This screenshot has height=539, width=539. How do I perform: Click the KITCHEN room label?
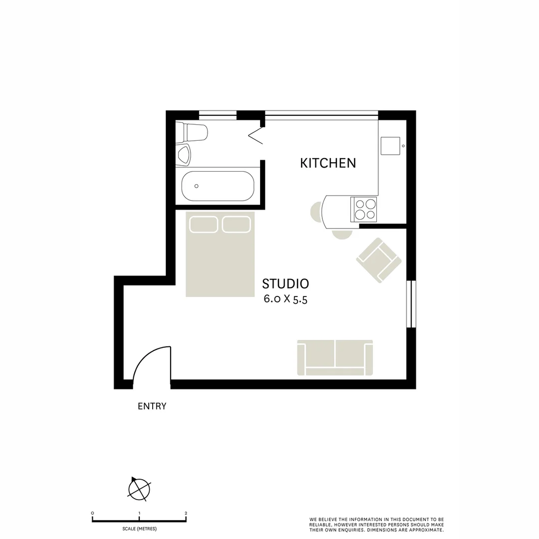click(328, 163)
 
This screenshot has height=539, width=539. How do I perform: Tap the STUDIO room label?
click(285, 284)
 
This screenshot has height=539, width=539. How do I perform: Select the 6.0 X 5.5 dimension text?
click(285, 299)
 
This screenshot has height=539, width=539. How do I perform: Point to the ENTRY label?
click(152, 406)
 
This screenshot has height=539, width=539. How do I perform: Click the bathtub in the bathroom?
click(218, 186)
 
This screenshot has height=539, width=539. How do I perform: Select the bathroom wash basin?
click(184, 155)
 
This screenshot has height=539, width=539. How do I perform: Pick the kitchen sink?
click(391, 146)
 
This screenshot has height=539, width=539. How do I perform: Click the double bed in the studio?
click(220, 255)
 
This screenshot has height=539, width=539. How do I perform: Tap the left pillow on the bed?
click(204, 225)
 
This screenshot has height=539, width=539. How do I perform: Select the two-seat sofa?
click(335, 357)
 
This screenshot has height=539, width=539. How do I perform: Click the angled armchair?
click(379, 260)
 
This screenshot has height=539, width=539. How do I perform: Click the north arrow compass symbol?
click(138, 489)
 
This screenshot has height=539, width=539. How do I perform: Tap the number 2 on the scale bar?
click(186, 513)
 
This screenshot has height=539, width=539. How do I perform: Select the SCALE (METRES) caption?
click(139, 529)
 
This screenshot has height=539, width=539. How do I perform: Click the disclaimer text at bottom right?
click(376, 524)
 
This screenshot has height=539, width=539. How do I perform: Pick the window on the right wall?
click(411, 304)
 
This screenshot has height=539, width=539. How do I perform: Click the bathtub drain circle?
click(197, 186)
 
